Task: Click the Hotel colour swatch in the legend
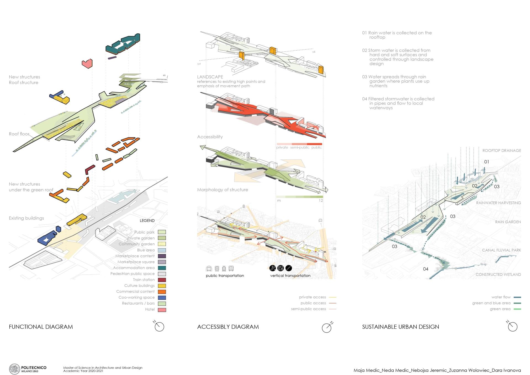tap(162, 310)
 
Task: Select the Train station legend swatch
tap(162, 280)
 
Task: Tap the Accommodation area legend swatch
tap(162, 268)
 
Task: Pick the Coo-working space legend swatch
tap(162, 298)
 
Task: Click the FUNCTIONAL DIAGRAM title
tap(41, 327)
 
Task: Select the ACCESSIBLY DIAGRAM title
tap(228, 327)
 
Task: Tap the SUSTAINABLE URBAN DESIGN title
tap(401, 327)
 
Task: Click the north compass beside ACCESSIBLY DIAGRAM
tap(327, 327)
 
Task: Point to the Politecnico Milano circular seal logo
tap(14, 369)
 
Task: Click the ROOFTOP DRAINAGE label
tap(502, 151)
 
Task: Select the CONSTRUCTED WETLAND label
tap(498, 274)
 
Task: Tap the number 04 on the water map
tap(426, 269)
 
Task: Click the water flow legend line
tap(517, 297)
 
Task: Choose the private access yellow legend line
tap(333, 297)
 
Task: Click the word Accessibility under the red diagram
tap(210, 137)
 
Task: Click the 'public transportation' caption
tap(225, 276)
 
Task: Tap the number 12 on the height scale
tap(321, 201)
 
